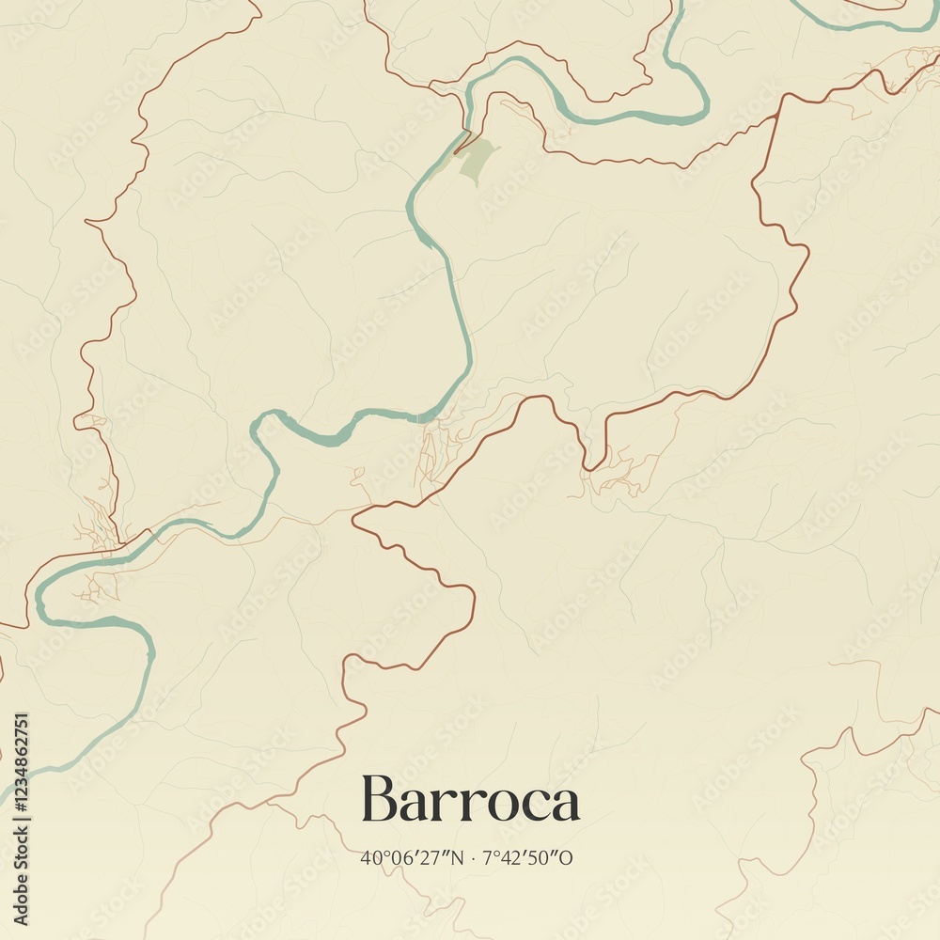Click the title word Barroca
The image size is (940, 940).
coord(470,801)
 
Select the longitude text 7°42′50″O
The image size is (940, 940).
coord(527,857)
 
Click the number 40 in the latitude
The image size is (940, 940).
coord(368,858)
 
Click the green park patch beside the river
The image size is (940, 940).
coord(476,157)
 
